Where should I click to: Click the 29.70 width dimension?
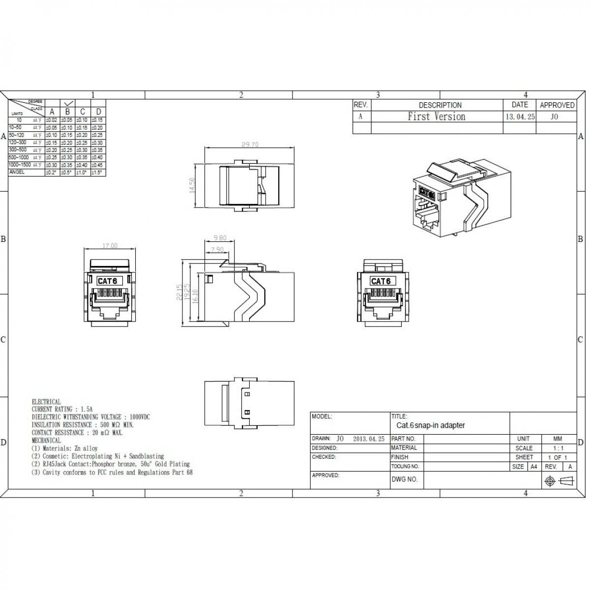(250, 145)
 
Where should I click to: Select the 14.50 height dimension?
(192, 185)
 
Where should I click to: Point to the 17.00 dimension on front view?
(110, 246)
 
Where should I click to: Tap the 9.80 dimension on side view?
(220, 238)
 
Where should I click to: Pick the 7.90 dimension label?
(217, 250)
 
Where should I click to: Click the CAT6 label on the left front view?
(107, 281)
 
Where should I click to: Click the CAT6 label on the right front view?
(381, 281)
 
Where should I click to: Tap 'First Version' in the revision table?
(436, 117)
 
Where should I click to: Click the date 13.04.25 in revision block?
(520, 117)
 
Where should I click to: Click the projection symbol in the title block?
(559, 481)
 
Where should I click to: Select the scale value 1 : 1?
(558, 448)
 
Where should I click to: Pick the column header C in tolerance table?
(83, 112)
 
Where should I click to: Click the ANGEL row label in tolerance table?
(17, 172)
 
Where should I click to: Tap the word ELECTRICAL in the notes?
(46, 402)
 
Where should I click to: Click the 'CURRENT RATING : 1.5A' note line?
(62, 409)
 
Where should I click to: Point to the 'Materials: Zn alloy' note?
(65, 448)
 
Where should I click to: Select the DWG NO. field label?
(405, 479)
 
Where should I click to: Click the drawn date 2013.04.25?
(369, 439)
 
